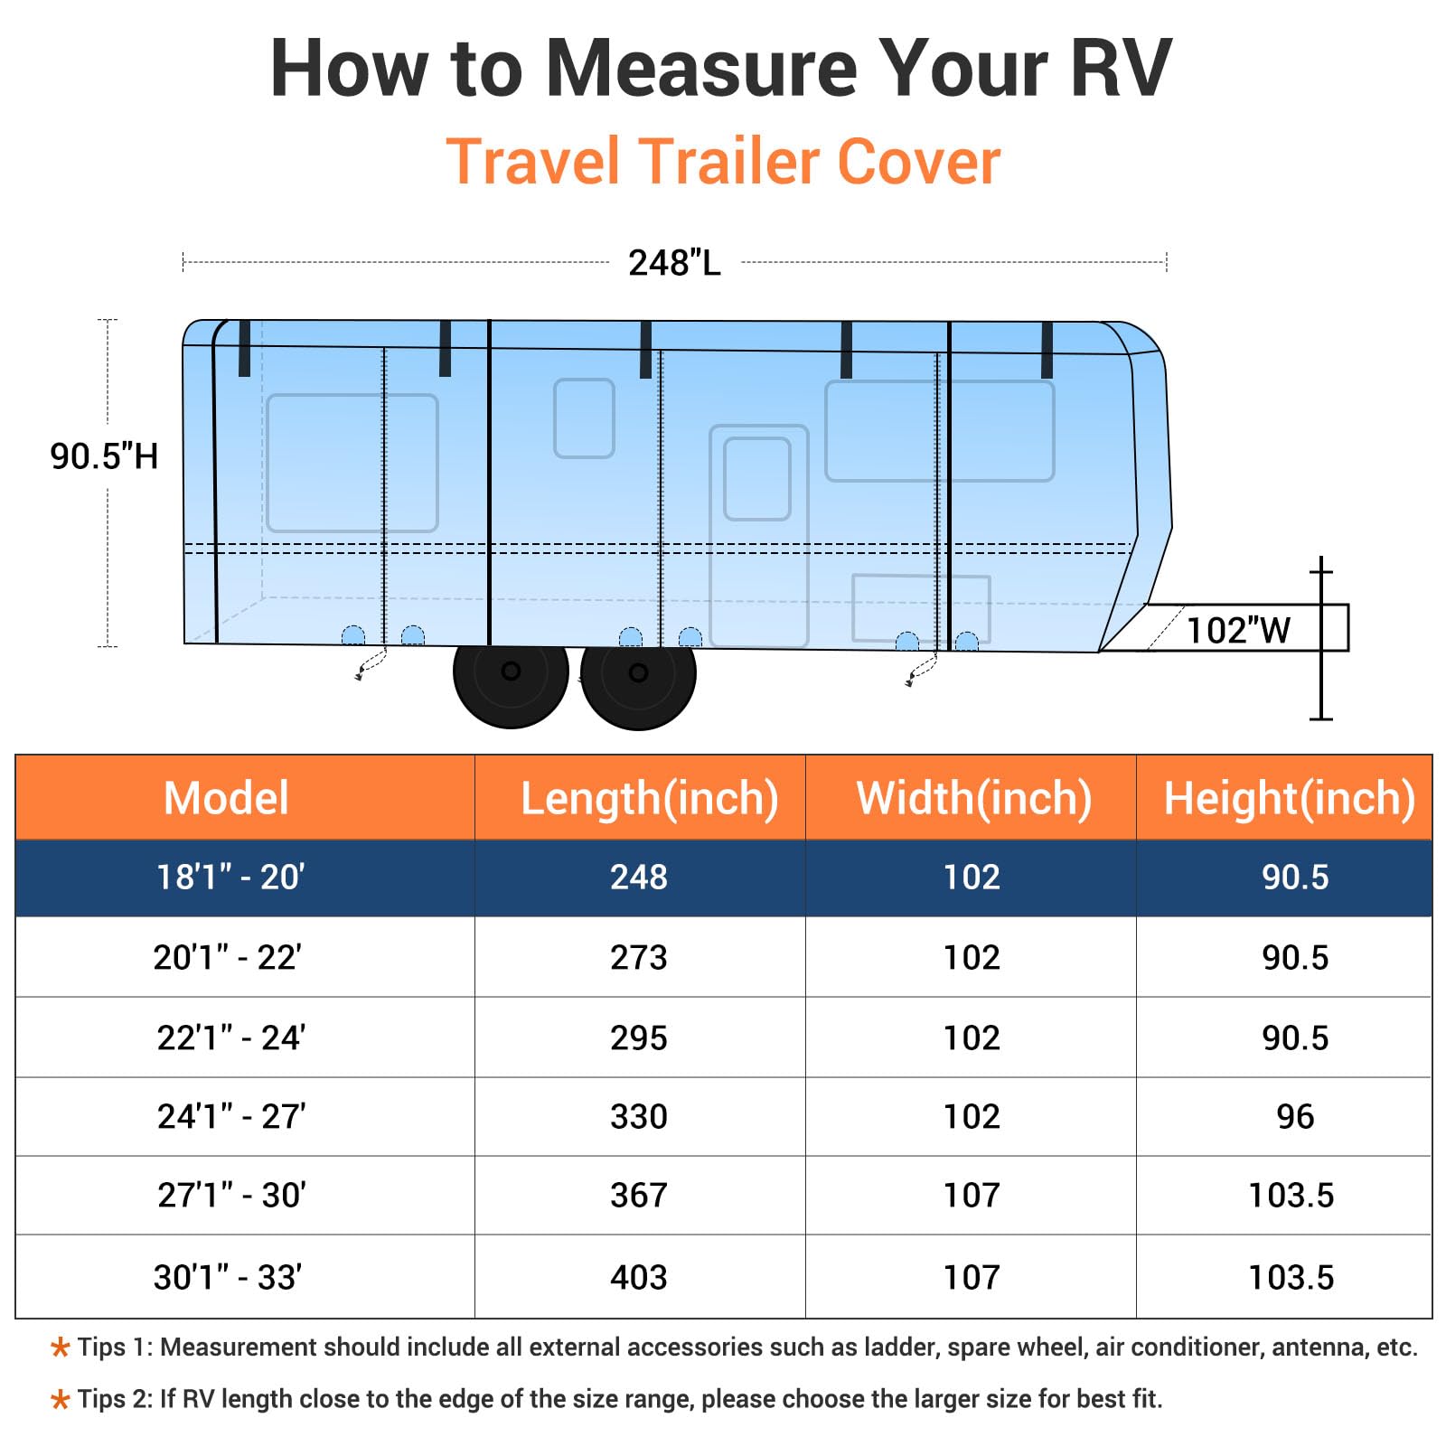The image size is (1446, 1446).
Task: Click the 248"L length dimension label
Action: tap(674, 263)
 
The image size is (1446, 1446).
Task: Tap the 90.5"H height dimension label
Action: tap(104, 456)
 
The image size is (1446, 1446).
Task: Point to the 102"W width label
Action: tap(1237, 630)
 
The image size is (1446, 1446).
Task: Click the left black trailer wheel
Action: tap(511, 672)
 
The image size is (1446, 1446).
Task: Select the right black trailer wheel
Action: tap(638, 673)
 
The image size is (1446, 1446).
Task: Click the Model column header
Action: tap(226, 798)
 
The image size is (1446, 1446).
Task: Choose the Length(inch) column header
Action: tap(649, 798)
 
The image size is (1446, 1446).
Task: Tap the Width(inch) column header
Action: tap(973, 798)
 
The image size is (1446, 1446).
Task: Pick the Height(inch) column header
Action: tap(1289, 798)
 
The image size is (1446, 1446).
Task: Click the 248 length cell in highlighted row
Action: tap(639, 878)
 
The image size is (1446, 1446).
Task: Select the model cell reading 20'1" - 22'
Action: tap(228, 957)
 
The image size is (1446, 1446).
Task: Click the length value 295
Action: tap(639, 1038)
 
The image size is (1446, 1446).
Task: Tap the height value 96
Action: tap(1295, 1117)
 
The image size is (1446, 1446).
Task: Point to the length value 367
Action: tap(639, 1196)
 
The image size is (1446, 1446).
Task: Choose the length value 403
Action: tap(639, 1278)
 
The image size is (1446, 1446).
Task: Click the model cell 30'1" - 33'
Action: tap(228, 1278)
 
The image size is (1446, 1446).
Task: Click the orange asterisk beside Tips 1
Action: tap(61, 1348)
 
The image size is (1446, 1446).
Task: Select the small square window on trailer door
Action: tap(757, 479)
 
